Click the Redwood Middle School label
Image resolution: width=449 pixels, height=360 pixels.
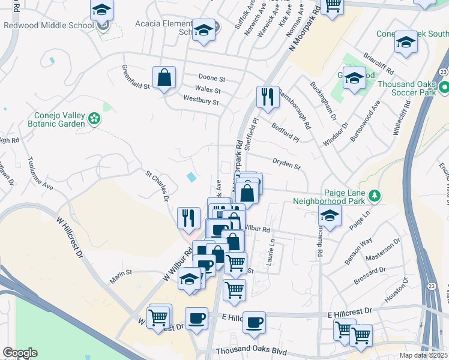(49, 26)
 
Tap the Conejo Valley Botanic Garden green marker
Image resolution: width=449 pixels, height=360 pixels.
(93, 119)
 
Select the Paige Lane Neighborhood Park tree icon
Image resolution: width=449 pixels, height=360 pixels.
(375, 196)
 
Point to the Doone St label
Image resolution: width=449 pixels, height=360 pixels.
(212, 79)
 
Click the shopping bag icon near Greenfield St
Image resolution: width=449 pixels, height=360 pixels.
(164, 77)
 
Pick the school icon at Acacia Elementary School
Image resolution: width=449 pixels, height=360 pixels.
(203, 30)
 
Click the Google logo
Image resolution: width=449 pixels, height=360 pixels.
(20, 353)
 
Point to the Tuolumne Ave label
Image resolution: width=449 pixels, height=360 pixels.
(40, 175)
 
